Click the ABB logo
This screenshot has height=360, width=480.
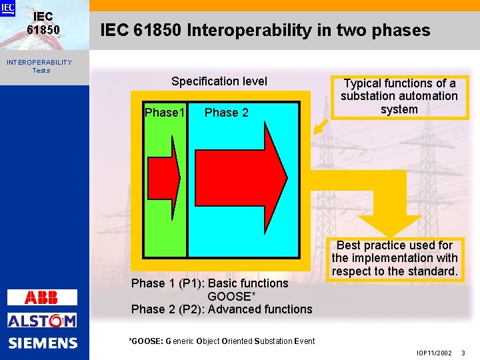click(x=41, y=297)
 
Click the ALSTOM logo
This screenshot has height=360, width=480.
click(x=42, y=321)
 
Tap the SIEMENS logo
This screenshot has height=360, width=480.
click(x=43, y=343)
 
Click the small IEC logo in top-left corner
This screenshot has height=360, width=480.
click(x=7, y=8)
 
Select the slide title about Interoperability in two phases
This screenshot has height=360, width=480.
click(x=265, y=31)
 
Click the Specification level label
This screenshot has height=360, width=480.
click(x=219, y=81)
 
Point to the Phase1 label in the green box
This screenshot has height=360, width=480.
click(x=164, y=112)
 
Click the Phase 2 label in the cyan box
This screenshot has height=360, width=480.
click(x=226, y=113)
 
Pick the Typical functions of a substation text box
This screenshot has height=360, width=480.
click(x=399, y=97)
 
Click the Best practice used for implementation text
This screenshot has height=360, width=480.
click(x=395, y=258)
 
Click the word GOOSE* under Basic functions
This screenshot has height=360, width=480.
click(x=227, y=296)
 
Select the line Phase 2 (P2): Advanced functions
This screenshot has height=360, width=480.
click(x=221, y=309)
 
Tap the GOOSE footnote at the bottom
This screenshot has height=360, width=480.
click(x=221, y=341)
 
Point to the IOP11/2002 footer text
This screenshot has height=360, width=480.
click(x=434, y=353)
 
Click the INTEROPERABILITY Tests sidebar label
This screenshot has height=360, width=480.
click(x=40, y=66)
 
